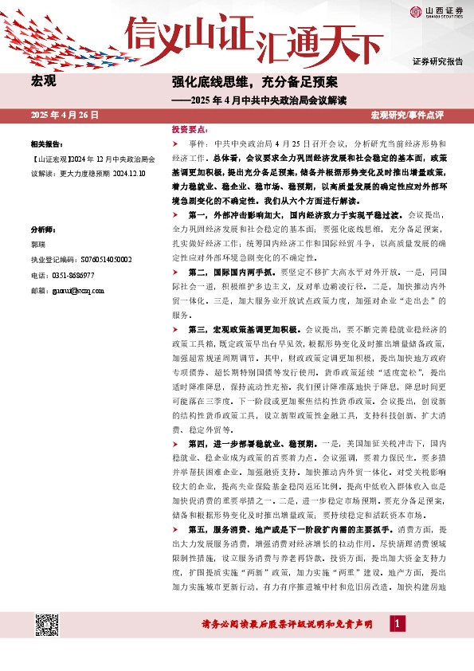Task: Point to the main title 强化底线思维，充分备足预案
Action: coord(255,82)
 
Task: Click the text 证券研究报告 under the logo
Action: coord(437,61)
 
